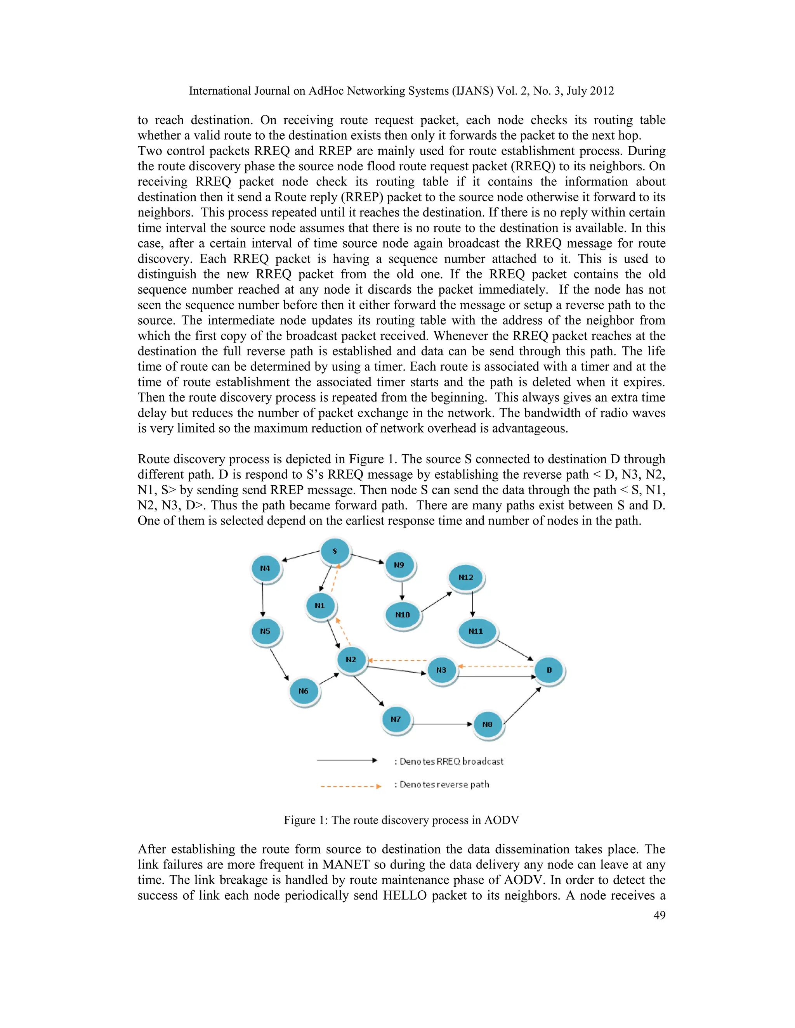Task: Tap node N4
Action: pos(265,568)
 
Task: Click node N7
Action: pos(396,719)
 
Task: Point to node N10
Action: pos(402,615)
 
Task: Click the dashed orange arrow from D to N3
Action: pos(495,666)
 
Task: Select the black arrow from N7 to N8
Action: pos(442,724)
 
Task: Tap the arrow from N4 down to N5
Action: pos(262,600)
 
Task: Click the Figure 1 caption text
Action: pos(401,820)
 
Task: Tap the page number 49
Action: pos(660,915)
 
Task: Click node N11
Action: pos(476,631)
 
